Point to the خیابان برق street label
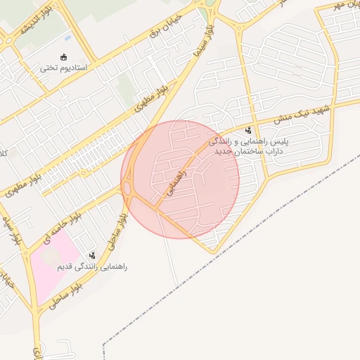point(166,25)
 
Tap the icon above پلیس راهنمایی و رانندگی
point(248,130)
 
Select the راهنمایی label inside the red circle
point(176,181)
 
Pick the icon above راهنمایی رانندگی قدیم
point(92,256)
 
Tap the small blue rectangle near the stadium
point(67,37)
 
